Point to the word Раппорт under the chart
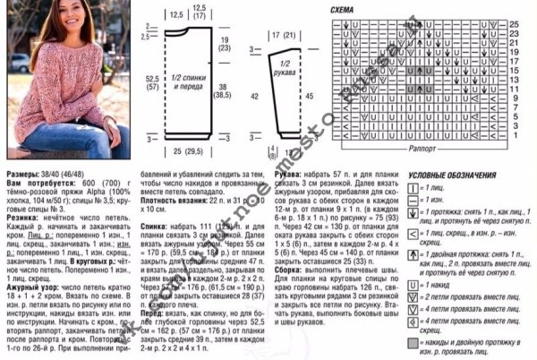[x=422, y=144]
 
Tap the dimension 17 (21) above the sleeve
[x=285, y=34]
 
